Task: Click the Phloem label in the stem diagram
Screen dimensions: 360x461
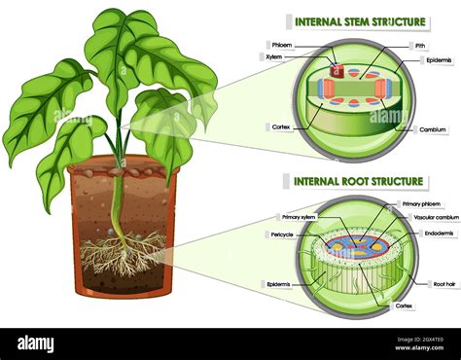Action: (x=282, y=45)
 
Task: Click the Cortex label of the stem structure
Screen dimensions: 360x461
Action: (x=279, y=127)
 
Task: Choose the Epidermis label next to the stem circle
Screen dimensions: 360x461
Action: (x=437, y=60)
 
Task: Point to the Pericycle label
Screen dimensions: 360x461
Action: (x=282, y=234)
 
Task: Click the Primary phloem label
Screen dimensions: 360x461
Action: (x=419, y=204)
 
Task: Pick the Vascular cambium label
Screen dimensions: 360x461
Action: (x=431, y=218)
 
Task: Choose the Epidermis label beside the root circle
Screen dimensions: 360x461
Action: (x=280, y=284)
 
